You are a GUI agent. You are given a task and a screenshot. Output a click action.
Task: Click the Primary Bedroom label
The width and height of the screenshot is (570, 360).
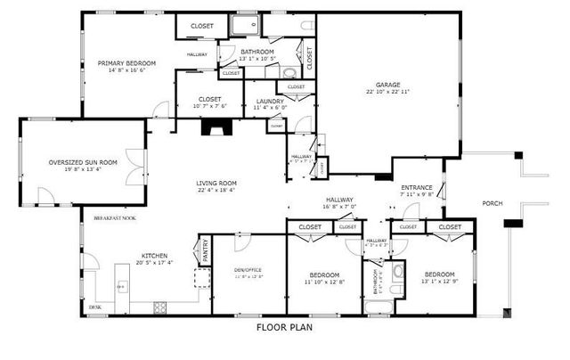click(126, 63)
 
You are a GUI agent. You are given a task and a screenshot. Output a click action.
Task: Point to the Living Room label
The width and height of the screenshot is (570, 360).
click(216, 184)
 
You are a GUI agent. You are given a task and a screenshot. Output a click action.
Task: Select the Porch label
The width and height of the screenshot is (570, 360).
click(493, 203)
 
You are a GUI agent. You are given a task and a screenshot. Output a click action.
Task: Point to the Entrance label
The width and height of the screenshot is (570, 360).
click(416, 187)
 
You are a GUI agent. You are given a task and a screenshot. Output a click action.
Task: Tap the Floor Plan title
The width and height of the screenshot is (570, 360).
click(284, 327)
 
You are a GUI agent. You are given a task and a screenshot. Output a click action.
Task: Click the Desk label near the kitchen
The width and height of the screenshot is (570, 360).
click(94, 307)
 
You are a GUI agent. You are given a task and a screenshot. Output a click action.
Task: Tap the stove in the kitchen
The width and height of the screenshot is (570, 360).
click(161, 308)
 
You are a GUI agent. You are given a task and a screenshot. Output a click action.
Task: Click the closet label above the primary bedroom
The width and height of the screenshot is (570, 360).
click(202, 26)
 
